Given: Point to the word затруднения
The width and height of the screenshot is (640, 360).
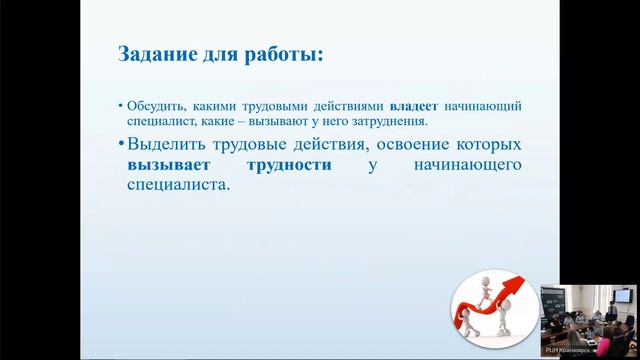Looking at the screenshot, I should click(388, 121).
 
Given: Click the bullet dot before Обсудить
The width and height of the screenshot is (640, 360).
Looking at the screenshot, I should click(120, 105).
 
